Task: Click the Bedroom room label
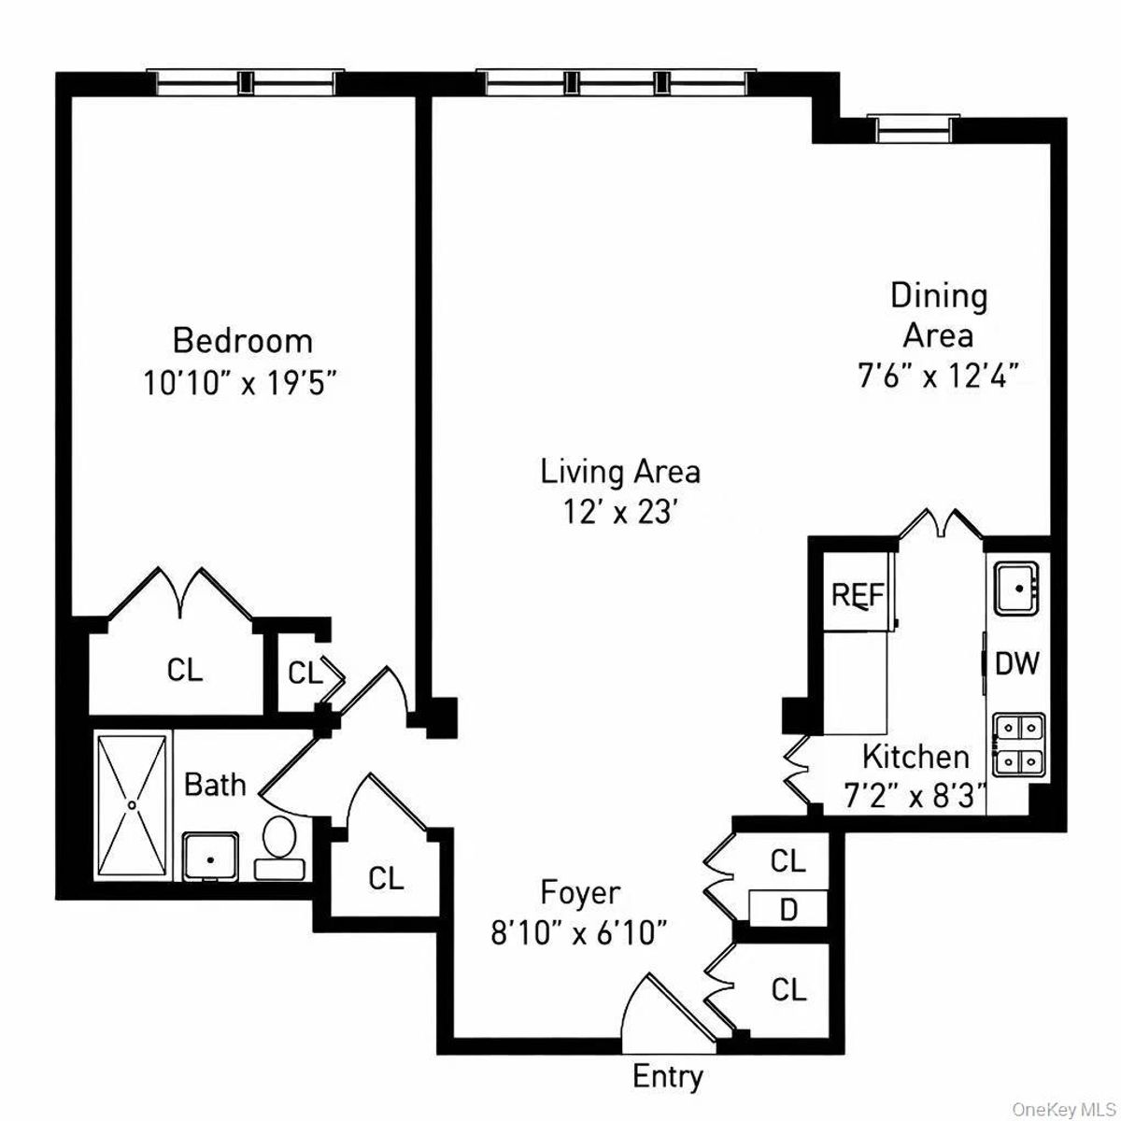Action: pos(243,340)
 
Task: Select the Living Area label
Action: pos(620,471)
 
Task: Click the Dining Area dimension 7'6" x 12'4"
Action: pos(938,376)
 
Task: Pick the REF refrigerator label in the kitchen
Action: pos(858,595)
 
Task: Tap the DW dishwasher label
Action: pos(1017,663)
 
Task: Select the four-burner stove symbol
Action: pos(1017,744)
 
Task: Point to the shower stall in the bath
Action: pos(133,803)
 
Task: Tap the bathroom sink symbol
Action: pos(209,856)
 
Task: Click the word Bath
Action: pos(215,785)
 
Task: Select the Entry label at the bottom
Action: pos(668,1076)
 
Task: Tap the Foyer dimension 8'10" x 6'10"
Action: pos(579,933)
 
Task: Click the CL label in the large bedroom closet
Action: pos(185,670)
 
